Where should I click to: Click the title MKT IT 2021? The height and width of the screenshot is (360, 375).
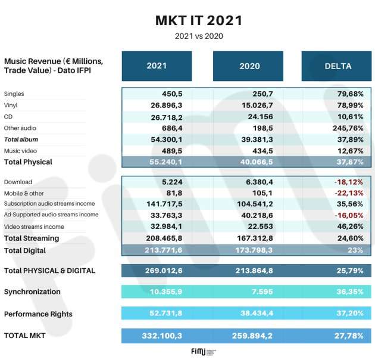(x=199, y=20)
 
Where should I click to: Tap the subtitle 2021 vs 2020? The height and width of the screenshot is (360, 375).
(x=199, y=36)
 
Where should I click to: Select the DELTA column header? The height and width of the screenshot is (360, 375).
(x=337, y=66)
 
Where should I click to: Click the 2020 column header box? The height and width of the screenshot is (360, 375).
(x=249, y=66)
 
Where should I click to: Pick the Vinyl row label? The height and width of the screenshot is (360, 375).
(x=11, y=105)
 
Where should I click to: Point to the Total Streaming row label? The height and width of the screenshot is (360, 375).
(x=32, y=238)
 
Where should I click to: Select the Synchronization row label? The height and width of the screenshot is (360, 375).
(x=32, y=291)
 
